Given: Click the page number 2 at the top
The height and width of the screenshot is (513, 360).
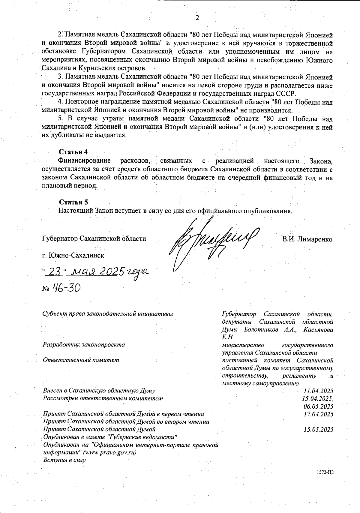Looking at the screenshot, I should (197, 18).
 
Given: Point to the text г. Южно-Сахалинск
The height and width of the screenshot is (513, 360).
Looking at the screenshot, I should (73, 256).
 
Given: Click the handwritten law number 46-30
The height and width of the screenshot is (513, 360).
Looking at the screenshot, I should (66, 289).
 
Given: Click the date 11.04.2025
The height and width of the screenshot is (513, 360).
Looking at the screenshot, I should (318, 391).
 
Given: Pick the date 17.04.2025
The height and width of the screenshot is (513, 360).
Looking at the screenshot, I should (318, 414).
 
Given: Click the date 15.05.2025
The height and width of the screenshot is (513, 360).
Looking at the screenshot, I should (318, 430).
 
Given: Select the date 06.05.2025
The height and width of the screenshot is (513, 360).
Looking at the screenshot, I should (318, 406).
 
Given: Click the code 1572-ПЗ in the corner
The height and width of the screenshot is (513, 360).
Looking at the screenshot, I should (325, 472).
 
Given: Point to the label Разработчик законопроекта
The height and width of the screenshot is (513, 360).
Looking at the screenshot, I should (84, 344).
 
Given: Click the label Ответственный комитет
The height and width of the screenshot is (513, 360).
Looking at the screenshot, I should (81, 360).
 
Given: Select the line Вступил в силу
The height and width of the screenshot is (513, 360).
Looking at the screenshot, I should (64, 460).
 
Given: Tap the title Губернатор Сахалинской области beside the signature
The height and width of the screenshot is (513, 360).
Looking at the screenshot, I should (94, 239).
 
